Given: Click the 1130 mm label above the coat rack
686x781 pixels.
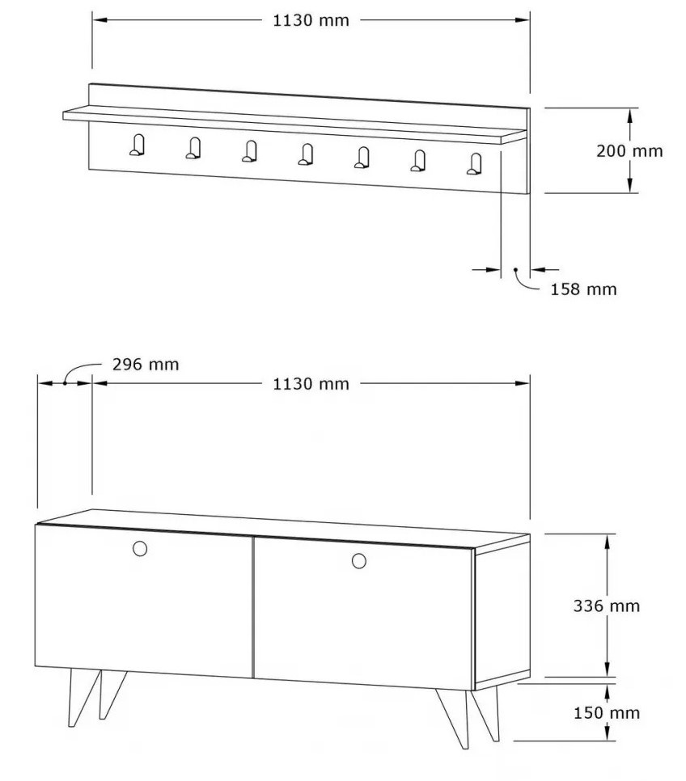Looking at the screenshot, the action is point(311,20).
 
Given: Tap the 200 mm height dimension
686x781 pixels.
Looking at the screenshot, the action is point(629,150).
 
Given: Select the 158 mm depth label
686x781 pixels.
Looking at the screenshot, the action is point(583,289).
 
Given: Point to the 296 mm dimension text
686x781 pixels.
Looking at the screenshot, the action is point(145,364).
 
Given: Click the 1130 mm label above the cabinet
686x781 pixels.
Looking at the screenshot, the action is point(311,384).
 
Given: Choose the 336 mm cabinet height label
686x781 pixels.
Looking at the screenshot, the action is point(606,606).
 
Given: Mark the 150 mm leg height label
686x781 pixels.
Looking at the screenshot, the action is point(606,713).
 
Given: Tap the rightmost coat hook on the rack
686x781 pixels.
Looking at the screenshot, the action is point(475,164).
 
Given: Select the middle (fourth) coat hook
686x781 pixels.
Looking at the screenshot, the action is point(306,154).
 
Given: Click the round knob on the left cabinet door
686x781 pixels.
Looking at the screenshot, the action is point(140,548).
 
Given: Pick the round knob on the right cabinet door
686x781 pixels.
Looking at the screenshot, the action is point(359,561).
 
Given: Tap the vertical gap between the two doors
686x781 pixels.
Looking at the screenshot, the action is point(253,607).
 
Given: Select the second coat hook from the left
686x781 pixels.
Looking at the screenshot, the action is point(193,148).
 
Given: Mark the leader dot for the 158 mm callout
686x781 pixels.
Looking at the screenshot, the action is point(516,269).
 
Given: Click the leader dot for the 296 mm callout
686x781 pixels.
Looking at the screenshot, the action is point(65,383).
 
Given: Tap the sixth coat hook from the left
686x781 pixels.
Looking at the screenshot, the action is point(418,160).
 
